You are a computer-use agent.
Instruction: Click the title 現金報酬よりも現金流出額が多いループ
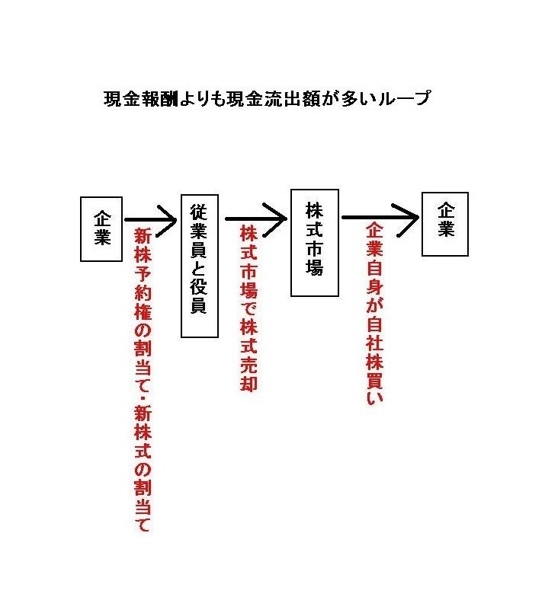[268, 98]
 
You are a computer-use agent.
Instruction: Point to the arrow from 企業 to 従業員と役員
[150, 220]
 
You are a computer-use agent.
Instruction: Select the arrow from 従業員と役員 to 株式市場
[256, 219]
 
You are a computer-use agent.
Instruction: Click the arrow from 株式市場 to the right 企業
[380, 218]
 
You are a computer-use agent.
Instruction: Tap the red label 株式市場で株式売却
[248, 308]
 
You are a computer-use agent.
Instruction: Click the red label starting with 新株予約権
[143, 380]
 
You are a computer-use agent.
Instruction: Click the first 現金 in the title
[123, 99]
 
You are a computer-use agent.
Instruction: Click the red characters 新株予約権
[143, 274]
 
